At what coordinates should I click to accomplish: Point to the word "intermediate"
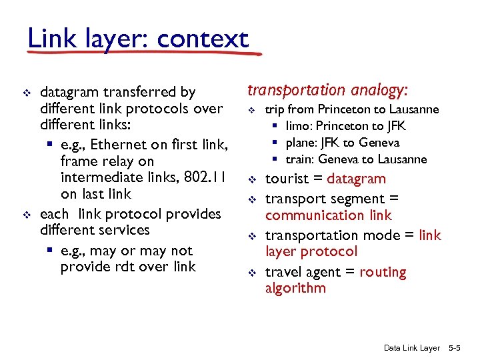(x=101, y=177)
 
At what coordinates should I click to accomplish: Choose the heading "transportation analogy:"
(x=328, y=89)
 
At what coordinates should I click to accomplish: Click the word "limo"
(x=298, y=126)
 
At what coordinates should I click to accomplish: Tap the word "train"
(x=299, y=159)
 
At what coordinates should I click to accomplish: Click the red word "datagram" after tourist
(x=357, y=179)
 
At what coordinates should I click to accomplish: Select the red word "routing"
(x=383, y=272)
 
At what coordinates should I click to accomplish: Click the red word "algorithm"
(x=295, y=288)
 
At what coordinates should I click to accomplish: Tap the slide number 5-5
(x=459, y=348)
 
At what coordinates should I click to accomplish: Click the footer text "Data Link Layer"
(x=412, y=348)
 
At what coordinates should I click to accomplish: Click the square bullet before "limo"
(x=275, y=126)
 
